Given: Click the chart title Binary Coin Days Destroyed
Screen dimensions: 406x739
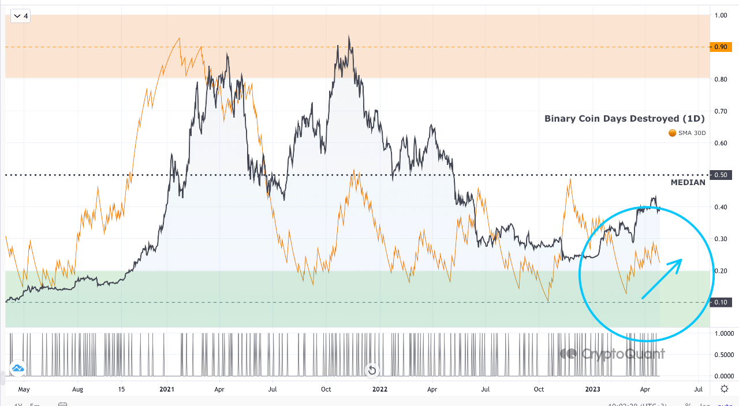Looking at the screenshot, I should tap(625, 119).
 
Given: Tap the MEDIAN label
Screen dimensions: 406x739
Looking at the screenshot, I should tap(688, 183).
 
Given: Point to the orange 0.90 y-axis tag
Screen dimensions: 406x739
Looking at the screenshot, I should tap(720, 47).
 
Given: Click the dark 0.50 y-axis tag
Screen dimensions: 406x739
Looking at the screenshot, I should tap(720, 175).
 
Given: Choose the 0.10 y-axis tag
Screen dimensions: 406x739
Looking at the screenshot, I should tap(720, 303).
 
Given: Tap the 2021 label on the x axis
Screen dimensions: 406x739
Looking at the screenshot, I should tap(167, 389).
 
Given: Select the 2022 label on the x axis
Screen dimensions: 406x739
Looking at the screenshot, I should tap(379, 389).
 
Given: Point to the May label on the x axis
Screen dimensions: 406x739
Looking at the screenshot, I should tap(24, 389).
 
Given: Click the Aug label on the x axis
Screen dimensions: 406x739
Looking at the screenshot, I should tap(77, 389).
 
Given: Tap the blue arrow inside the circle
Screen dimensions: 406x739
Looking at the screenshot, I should tap(662, 279).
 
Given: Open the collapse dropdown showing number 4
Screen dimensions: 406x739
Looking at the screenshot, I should tap(21, 16).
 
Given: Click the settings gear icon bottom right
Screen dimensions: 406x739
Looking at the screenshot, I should tap(725, 389).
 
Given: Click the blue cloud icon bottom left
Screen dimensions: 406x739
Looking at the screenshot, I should tap(17, 368).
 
